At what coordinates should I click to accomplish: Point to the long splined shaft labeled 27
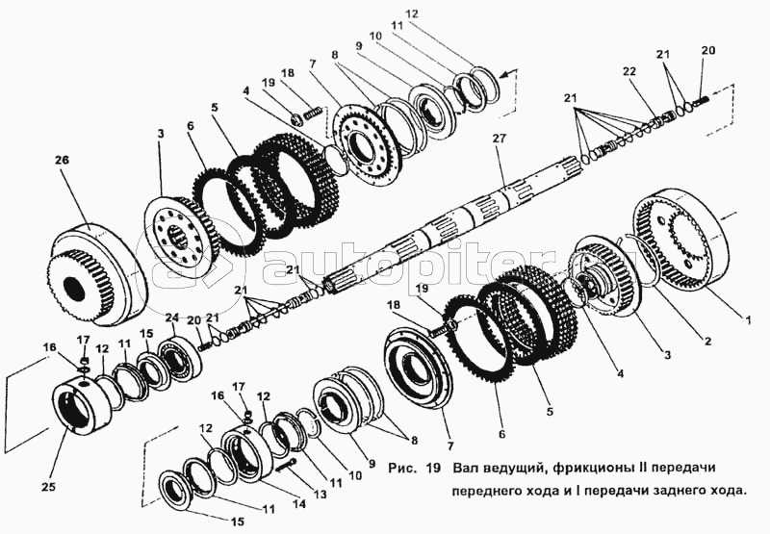tap(462, 221)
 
